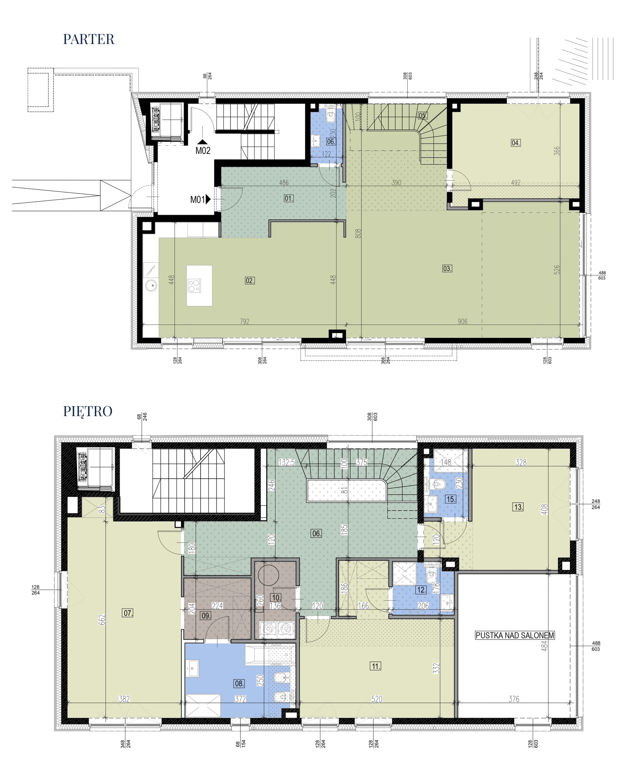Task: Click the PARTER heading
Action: (89, 39)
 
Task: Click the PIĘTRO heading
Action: (88, 411)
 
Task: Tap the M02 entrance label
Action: (203, 151)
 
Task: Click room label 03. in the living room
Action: (447, 268)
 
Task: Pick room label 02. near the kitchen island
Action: (250, 281)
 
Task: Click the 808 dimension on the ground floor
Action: (358, 233)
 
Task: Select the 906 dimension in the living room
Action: (462, 321)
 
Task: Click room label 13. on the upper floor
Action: (518, 507)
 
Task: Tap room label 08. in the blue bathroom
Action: (239, 683)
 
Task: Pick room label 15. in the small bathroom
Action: (451, 499)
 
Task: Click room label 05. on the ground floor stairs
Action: (423, 116)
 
